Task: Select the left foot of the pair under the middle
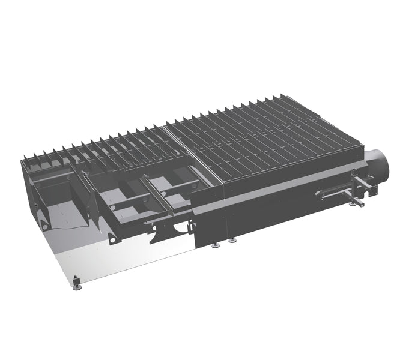(x=216, y=245)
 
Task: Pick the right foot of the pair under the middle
(x=232, y=240)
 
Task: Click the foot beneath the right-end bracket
(x=353, y=204)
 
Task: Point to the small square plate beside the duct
(x=372, y=191)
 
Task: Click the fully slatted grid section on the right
(x=270, y=141)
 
